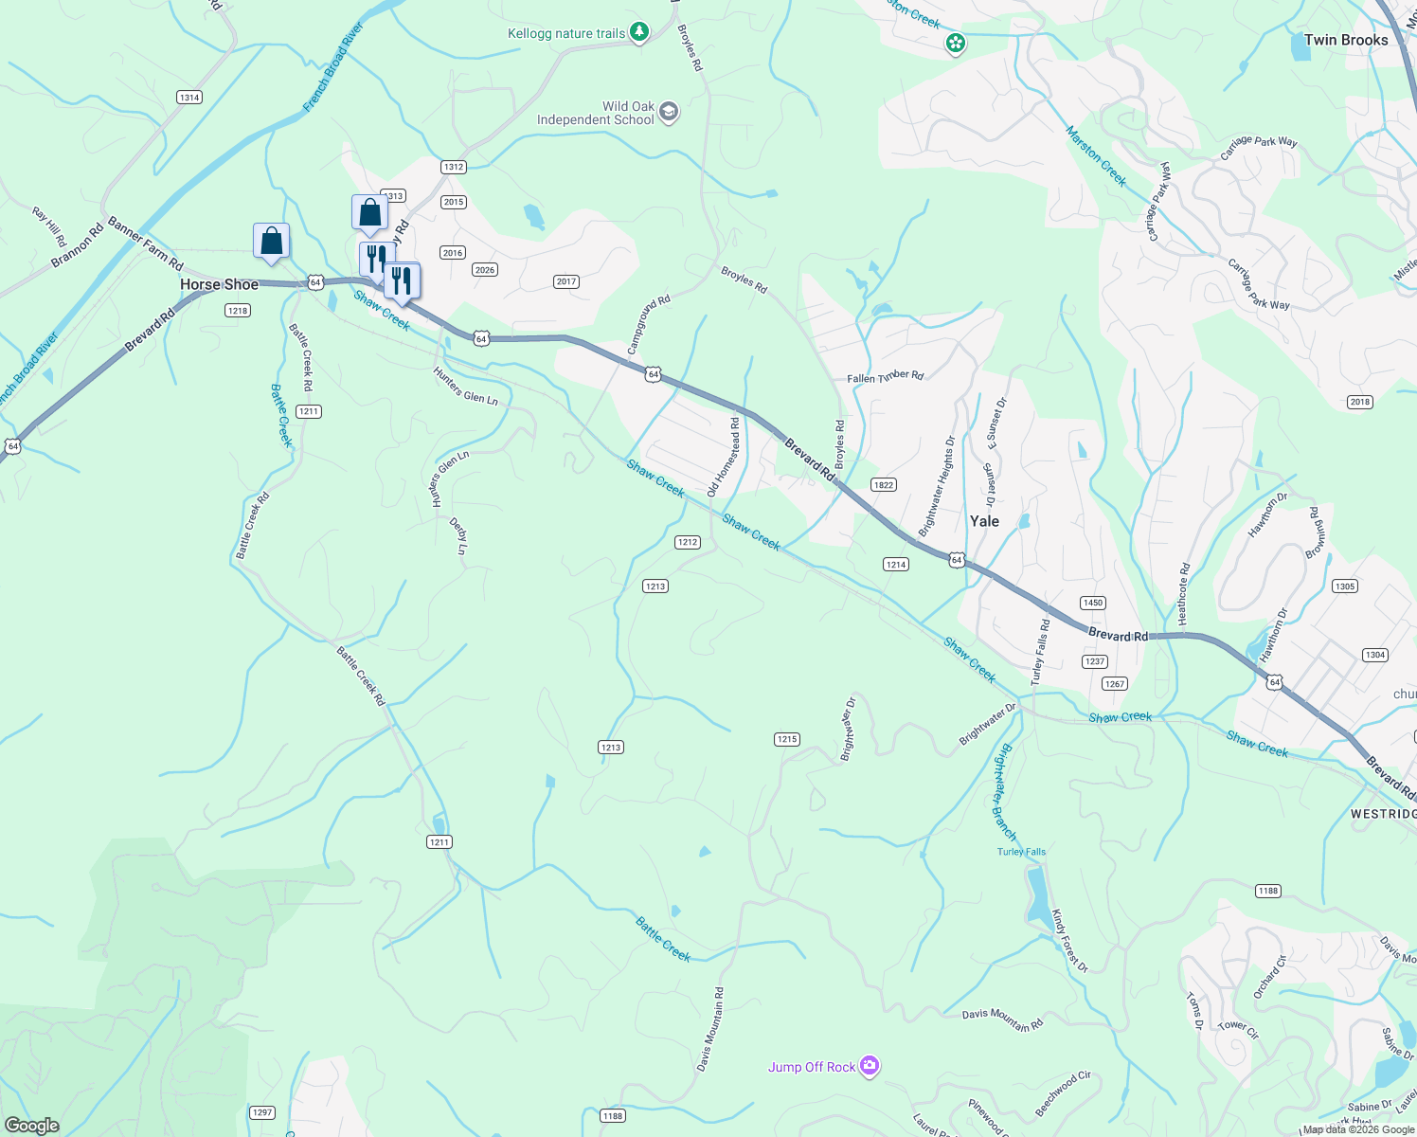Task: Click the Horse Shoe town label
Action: point(219,284)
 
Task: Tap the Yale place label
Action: point(984,521)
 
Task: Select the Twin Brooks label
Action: point(1345,40)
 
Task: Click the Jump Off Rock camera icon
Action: point(870,1066)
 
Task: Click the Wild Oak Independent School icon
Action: point(669,113)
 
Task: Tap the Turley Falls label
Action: point(1021,852)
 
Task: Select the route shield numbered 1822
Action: point(883,485)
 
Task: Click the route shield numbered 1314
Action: point(189,98)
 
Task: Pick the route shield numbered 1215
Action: point(786,739)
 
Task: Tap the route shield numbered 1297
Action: point(262,1112)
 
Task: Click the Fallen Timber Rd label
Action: point(885,377)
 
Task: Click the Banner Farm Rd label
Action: point(145,244)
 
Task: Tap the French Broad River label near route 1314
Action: point(333,68)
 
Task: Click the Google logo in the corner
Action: point(32,1125)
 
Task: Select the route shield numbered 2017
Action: point(566,281)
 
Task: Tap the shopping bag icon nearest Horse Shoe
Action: point(271,241)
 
